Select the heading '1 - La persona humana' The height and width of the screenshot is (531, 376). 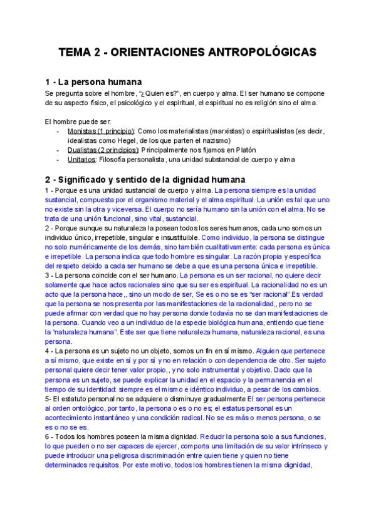[94, 82]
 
